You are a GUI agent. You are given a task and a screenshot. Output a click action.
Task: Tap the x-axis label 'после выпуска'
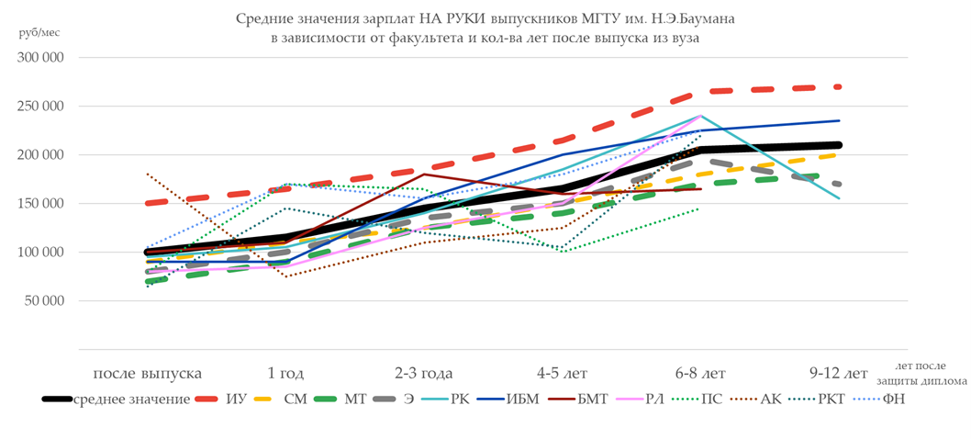click(x=147, y=374)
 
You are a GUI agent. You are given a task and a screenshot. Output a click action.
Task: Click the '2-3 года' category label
click(x=423, y=374)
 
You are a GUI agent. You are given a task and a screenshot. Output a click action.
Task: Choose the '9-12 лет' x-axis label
click(x=839, y=374)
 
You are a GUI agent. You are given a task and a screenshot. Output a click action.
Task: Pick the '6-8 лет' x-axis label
click(x=699, y=374)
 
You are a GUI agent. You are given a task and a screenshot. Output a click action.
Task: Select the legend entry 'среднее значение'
click(x=131, y=400)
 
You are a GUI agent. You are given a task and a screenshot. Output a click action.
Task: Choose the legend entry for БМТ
click(x=596, y=400)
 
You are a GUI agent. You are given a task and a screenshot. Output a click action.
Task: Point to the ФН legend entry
click(x=892, y=400)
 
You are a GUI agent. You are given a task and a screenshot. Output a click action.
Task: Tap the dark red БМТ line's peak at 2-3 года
click(x=423, y=174)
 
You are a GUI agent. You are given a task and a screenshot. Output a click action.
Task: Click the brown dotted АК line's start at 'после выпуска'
click(x=147, y=174)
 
